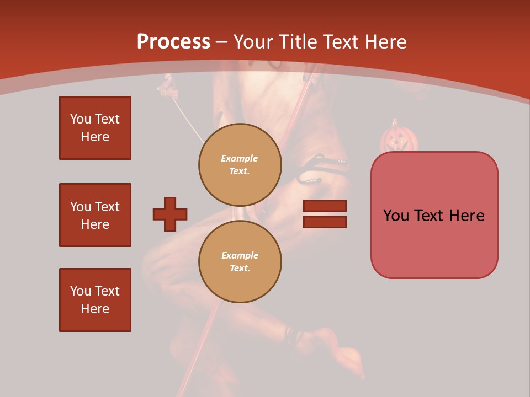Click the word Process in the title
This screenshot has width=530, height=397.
(x=173, y=42)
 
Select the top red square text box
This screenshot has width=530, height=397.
(x=95, y=128)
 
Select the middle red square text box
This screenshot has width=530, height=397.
(x=95, y=215)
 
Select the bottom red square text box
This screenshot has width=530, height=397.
(x=95, y=300)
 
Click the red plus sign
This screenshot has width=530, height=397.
(x=170, y=214)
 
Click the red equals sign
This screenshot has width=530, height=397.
(x=325, y=214)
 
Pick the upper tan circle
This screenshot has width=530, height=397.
(x=240, y=164)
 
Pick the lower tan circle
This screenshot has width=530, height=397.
(x=240, y=261)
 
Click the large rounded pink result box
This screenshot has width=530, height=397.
(x=434, y=215)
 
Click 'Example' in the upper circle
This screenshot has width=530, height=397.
(x=240, y=158)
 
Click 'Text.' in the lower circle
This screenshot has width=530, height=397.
(x=240, y=269)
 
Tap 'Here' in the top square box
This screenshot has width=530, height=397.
(x=95, y=137)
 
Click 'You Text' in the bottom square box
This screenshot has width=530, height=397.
(x=95, y=291)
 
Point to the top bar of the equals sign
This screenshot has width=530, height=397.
(x=325, y=206)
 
